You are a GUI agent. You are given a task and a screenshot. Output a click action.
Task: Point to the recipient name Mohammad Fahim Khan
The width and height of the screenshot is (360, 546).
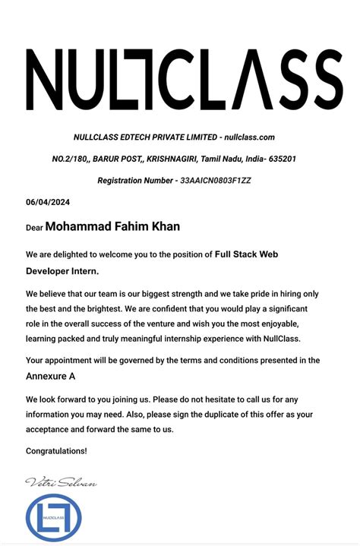[x=113, y=226]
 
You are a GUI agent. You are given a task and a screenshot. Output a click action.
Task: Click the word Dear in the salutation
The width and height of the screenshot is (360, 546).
[x=34, y=228]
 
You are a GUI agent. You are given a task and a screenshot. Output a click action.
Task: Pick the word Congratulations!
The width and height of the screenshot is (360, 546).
[x=56, y=451]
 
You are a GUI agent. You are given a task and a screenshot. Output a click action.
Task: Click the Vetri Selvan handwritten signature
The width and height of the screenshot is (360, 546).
[x=61, y=483]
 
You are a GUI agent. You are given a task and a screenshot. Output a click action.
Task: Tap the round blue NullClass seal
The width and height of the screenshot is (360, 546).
[x=53, y=518]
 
